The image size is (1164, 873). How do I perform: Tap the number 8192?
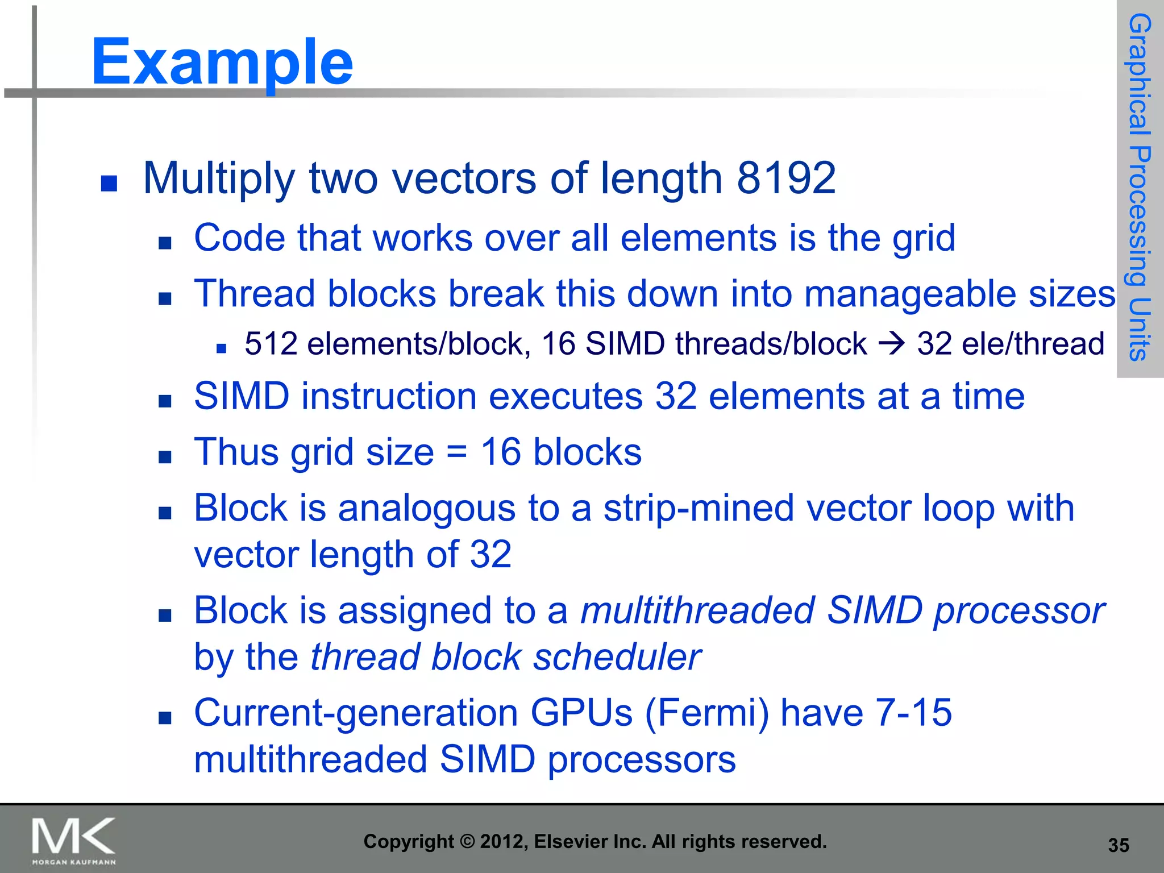(786, 178)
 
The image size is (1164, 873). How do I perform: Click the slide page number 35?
(1118, 845)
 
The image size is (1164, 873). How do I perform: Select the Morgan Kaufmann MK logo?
(73, 841)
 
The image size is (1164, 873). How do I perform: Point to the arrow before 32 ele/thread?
(891, 344)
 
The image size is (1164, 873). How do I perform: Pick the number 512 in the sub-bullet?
(271, 344)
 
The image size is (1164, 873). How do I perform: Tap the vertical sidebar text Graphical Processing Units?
(1139, 188)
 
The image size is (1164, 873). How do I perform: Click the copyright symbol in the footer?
(467, 842)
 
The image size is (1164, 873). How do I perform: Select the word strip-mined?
(699, 508)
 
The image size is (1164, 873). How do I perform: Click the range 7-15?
(913, 713)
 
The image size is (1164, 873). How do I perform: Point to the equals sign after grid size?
(457, 453)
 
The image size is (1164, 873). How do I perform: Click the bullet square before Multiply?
(109, 183)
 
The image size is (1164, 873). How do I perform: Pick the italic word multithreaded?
(698, 611)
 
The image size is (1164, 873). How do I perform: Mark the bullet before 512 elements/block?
(222, 348)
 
